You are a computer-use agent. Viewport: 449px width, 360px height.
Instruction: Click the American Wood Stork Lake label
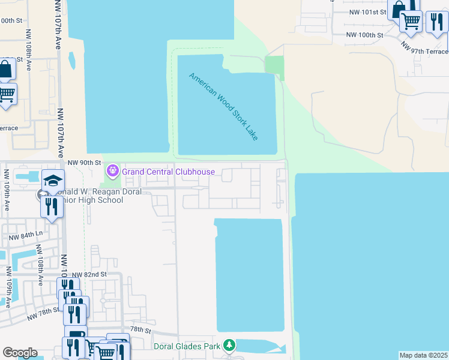pyautogui.click(x=223, y=107)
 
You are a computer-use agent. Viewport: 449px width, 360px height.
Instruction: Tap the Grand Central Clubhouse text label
pyautogui.click(x=169, y=172)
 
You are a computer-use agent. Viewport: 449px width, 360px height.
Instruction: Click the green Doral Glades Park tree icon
pyautogui.click(x=228, y=345)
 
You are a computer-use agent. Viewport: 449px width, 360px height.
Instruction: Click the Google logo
pyautogui.click(x=20, y=353)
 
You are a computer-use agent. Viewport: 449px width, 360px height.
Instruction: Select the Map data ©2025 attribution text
pyautogui.click(x=424, y=355)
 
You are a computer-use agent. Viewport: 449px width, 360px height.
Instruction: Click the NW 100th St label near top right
pyautogui.click(x=368, y=35)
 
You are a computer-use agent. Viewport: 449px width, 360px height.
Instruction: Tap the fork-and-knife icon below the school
pyautogui.click(x=52, y=206)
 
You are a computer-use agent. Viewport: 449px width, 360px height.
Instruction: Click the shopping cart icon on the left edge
pyautogui.click(x=7, y=94)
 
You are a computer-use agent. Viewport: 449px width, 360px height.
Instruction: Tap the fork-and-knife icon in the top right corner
pyautogui.click(x=436, y=22)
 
